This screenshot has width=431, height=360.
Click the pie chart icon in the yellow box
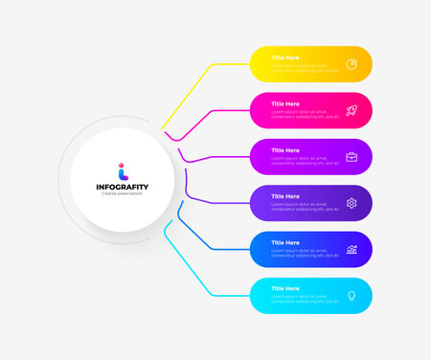352,64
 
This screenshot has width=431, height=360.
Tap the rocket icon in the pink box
352,110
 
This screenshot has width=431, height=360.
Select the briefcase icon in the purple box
352,156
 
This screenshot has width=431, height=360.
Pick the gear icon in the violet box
352,203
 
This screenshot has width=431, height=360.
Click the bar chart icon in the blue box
352,250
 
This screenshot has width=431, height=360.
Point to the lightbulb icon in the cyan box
352,296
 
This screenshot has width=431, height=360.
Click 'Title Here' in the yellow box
285,57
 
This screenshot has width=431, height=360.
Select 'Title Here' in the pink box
285,103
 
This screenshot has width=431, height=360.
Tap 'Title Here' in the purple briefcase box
285,150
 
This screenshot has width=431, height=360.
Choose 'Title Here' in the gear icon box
285,196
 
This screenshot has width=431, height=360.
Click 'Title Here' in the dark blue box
285,242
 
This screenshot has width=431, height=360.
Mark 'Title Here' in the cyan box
285,288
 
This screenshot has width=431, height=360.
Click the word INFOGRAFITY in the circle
122,186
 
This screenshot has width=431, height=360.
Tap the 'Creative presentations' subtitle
122,193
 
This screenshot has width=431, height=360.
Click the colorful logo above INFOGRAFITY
122,169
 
